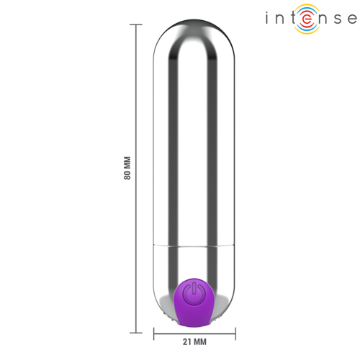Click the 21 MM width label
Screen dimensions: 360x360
click(194, 341)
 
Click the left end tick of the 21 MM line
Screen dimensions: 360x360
click(154, 332)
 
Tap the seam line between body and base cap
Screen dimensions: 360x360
click(194, 245)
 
